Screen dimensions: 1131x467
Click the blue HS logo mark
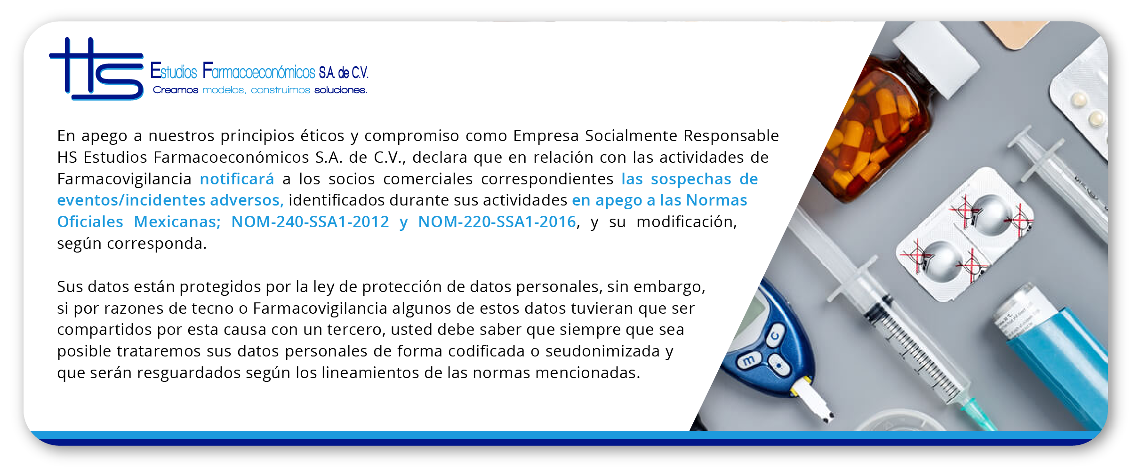tap(96, 69)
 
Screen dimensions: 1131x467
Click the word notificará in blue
tap(237, 179)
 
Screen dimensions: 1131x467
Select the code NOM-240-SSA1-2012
tap(310, 222)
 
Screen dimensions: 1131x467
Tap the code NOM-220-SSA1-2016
tap(497, 222)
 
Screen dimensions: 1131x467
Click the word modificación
tap(686, 222)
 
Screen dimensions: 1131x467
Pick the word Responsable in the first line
tap(731, 136)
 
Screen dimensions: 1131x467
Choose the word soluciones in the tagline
tap(340, 90)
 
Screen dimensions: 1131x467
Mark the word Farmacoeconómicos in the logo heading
tap(259, 71)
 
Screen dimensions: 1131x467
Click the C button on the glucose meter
tap(775, 335)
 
